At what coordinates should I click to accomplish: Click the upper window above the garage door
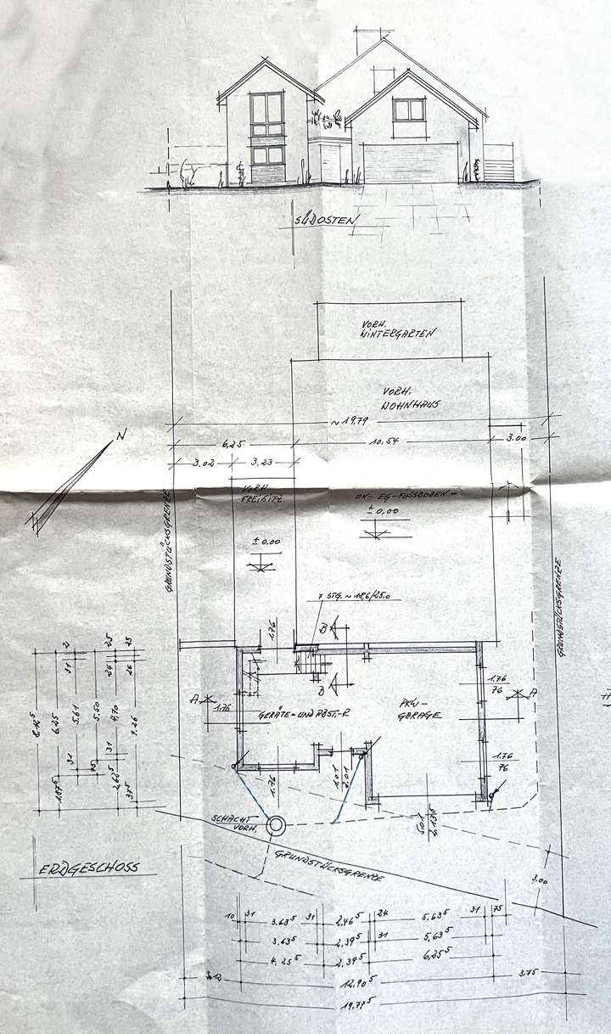coord(408,110)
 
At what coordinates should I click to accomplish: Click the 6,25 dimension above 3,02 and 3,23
coord(233,442)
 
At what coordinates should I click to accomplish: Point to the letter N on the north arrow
coord(122,435)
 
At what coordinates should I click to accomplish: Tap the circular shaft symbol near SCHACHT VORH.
coord(276,824)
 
